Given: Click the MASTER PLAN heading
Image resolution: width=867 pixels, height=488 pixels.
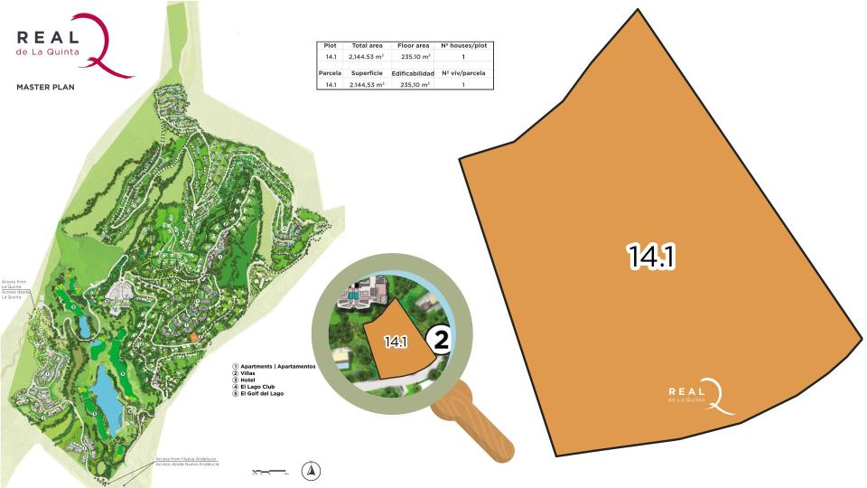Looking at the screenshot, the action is point(44,88).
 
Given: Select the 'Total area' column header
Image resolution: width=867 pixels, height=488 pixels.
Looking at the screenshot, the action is point(367,45).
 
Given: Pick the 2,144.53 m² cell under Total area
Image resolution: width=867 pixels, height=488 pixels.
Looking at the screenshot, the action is point(367,57).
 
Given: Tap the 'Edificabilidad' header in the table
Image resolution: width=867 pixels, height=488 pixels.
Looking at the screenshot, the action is point(413,73).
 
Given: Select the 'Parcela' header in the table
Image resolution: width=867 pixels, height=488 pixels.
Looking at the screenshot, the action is point(330,73).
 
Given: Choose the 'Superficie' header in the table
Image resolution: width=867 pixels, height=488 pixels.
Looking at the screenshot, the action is point(367,73).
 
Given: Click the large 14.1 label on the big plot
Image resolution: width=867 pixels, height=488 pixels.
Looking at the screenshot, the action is point(652,257).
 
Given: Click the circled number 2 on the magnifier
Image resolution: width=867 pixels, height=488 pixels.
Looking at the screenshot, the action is point(441,340).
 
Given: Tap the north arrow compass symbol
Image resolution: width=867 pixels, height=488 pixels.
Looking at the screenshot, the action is point(311,469).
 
